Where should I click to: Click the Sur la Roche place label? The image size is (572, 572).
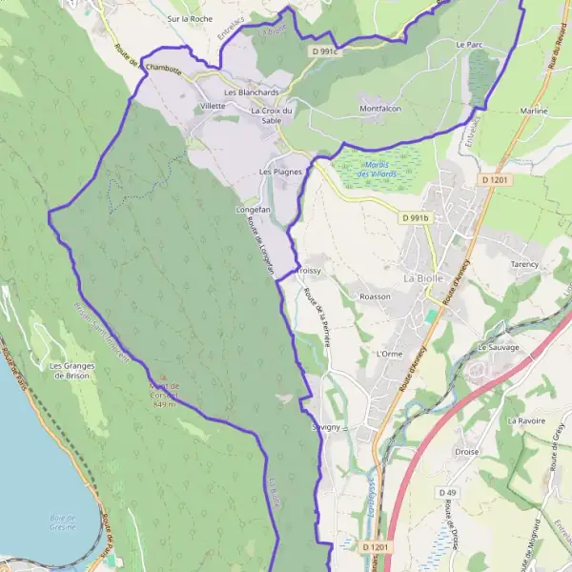pyautogui.click(x=189, y=18)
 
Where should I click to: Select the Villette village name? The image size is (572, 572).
pyautogui.click(x=213, y=106)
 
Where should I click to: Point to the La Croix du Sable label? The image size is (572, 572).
pyautogui.click(x=271, y=115)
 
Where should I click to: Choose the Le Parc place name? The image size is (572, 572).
pyautogui.click(x=469, y=45)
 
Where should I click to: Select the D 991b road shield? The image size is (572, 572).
pyautogui.click(x=417, y=218)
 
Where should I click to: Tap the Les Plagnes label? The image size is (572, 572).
pyautogui.click(x=280, y=172)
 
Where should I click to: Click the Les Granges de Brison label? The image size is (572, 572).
pyautogui.click(x=71, y=370)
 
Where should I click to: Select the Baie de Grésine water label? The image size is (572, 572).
pyautogui.click(x=63, y=521)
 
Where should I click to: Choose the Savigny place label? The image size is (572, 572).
pyautogui.click(x=325, y=428)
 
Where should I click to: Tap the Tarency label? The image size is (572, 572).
pyautogui.click(x=524, y=264)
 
